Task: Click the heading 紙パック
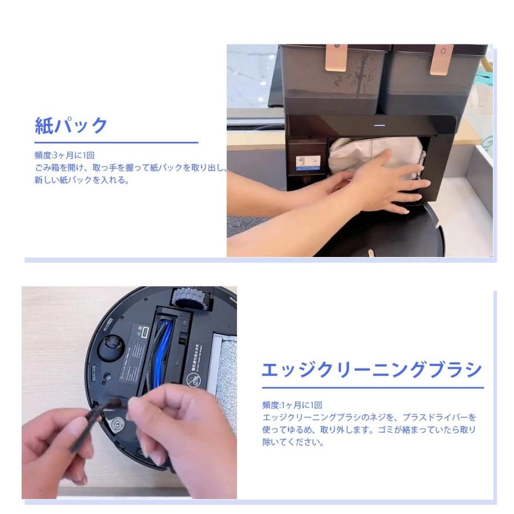[71, 125]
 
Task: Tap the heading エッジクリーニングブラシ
[371, 370]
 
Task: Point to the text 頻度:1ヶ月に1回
[292, 405]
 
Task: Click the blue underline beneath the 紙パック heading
[117, 142]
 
